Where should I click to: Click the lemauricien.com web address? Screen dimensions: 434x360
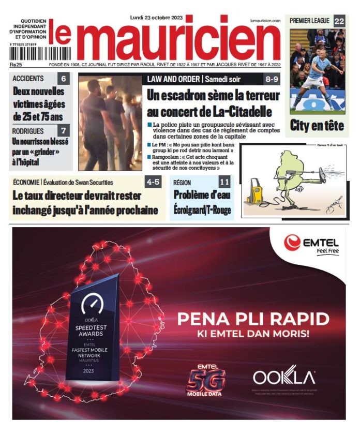click(265, 20)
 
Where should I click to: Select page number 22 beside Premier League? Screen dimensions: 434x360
click(339, 21)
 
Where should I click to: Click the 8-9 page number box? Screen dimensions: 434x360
click(272, 79)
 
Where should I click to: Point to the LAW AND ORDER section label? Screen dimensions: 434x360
click(173, 79)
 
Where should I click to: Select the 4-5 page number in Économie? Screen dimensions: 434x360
click(154, 182)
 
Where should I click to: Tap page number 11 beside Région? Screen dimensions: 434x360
click(224, 182)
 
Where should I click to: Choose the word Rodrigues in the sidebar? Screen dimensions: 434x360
click(28, 131)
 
